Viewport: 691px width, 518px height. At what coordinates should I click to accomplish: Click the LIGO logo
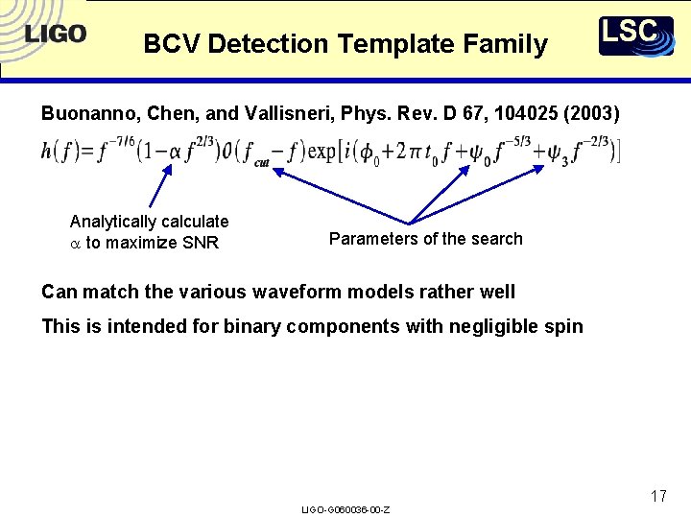56,35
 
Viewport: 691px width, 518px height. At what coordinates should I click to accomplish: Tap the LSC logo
635,35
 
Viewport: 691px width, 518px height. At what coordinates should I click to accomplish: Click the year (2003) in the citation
593,114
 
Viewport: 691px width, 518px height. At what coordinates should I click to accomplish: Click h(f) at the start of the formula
59,151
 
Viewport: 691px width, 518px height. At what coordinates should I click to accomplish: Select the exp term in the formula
322,151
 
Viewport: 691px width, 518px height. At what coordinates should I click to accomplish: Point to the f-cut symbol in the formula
255,154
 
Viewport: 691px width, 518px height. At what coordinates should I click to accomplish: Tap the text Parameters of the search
425,239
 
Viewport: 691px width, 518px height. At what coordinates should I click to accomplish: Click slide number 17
657,496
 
